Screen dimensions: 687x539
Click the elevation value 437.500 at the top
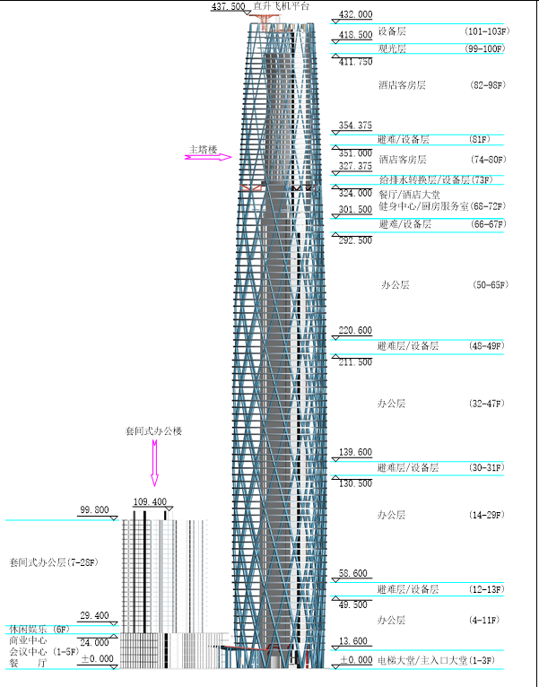[228, 6]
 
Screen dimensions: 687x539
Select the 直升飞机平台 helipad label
[282, 6]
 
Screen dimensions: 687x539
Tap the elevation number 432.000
[355, 15]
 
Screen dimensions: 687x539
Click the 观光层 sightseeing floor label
[392, 48]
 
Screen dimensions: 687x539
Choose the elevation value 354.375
[355, 126]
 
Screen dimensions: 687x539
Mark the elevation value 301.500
[355, 210]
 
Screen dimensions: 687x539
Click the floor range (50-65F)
[490, 285]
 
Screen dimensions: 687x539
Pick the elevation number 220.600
[355, 331]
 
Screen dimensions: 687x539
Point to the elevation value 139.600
[355, 452]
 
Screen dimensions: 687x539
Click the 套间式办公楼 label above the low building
[153, 431]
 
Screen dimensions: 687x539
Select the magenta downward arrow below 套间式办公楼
[153, 465]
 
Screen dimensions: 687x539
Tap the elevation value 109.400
[150, 502]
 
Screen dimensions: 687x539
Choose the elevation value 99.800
[94, 510]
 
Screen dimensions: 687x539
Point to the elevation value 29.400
[94, 616]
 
